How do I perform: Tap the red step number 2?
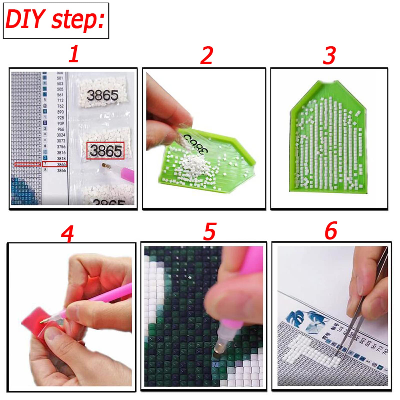(x=206, y=55)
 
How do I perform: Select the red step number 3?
(x=329, y=55)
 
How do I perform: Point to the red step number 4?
(x=67, y=234)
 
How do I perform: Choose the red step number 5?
(x=209, y=231)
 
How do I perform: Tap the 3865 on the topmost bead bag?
(x=102, y=95)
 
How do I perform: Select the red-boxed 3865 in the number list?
(x=61, y=164)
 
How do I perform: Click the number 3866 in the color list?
(x=61, y=170)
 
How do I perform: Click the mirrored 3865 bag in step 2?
(x=195, y=142)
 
